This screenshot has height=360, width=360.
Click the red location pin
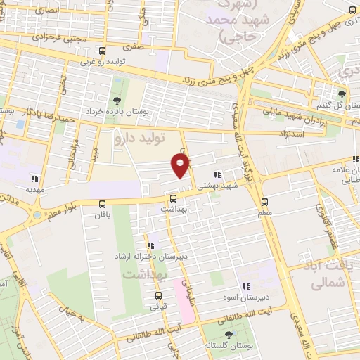point(181,165)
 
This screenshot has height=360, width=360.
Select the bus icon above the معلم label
point(264,200)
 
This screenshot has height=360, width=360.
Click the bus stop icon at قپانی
point(158,295)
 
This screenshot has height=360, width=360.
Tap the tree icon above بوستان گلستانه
point(227,335)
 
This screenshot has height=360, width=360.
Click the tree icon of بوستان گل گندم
point(342,94)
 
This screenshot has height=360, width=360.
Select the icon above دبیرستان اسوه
point(245,286)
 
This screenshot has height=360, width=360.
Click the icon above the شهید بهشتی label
point(217,174)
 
